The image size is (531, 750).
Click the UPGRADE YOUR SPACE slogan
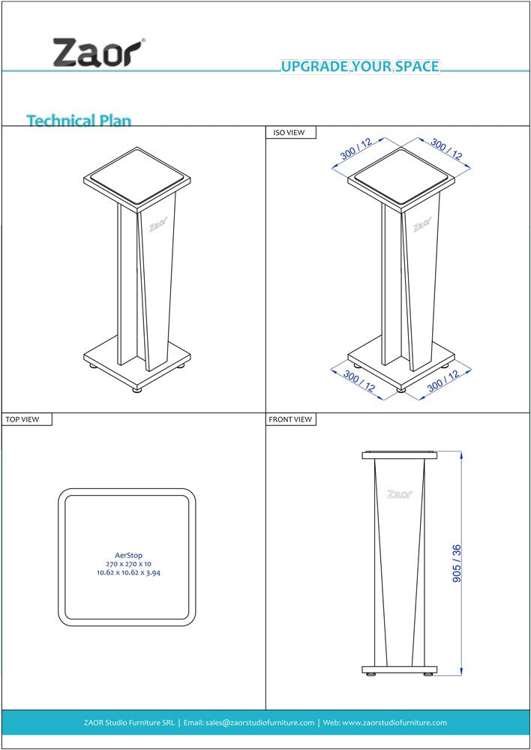point(360,67)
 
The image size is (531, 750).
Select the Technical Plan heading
point(79,120)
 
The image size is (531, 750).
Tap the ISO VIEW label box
point(291,133)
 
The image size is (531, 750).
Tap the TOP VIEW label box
point(27,419)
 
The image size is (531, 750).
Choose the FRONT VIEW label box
point(291,419)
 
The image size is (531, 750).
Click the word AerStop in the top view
point(127,555)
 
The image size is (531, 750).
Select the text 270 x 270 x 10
point(127,564)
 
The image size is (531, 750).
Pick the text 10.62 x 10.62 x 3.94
point(127,573)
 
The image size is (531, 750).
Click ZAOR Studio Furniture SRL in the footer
point(129,722)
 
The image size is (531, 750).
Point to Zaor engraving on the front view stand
point(399,494)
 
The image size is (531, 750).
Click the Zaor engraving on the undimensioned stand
point(157,226)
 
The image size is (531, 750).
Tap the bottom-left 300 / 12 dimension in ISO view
point(359,381)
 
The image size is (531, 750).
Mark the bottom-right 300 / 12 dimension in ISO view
point(443,380)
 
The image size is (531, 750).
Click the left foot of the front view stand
point(371,674)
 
